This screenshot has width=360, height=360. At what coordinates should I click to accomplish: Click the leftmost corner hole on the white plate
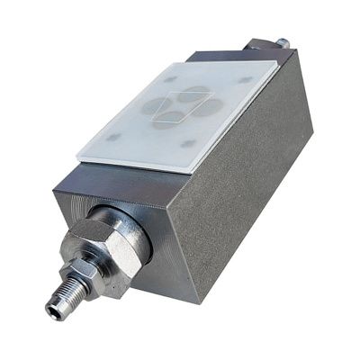click(x=112, y=137)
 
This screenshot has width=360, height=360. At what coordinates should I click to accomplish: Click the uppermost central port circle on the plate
click(x=192, y=91)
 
